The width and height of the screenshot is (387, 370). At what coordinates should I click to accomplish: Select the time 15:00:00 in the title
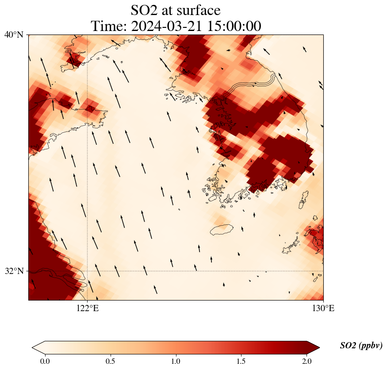pos(233,26)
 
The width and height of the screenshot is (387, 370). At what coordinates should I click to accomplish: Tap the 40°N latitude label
pos(14,35)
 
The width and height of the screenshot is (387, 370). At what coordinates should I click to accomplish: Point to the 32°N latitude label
pos(14,271)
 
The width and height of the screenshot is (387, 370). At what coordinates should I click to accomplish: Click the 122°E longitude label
pos(88,308)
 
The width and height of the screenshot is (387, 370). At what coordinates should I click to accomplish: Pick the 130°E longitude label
pos(323,308)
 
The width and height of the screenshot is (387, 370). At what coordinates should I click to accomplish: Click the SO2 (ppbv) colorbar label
pos(361,346)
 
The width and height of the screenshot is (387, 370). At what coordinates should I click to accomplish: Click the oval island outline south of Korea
pos(222,230)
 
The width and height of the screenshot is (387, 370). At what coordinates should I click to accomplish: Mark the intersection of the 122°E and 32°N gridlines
pos(88,271)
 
